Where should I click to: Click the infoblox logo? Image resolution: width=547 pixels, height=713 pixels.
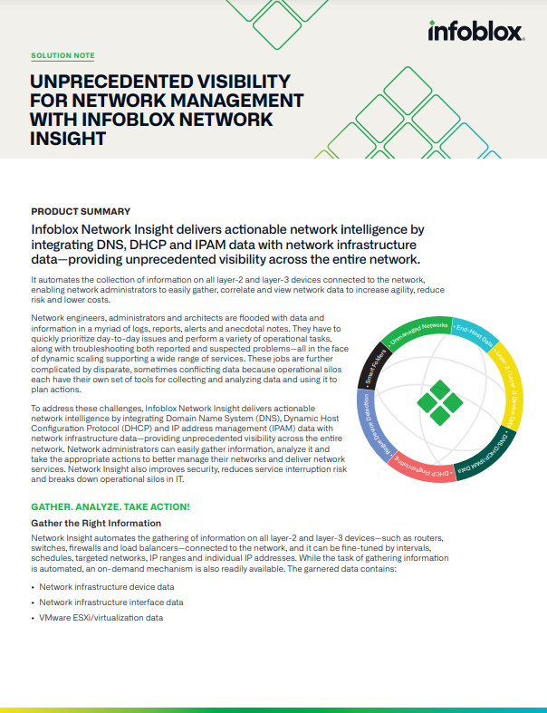[x=475, y=33]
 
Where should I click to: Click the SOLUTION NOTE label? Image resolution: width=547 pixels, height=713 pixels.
[x=62, y=56]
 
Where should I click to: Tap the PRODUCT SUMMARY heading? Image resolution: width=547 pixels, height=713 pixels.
[x=80, y=210]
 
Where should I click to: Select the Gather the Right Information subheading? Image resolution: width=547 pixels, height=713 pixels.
[x=96, y=523]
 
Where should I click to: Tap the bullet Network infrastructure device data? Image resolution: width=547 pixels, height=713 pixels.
[x=106, y=587]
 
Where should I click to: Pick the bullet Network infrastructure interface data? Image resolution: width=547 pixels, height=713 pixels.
[x=110, y=602]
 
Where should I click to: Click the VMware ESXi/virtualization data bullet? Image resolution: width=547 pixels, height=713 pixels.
[x=101, y=617]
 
